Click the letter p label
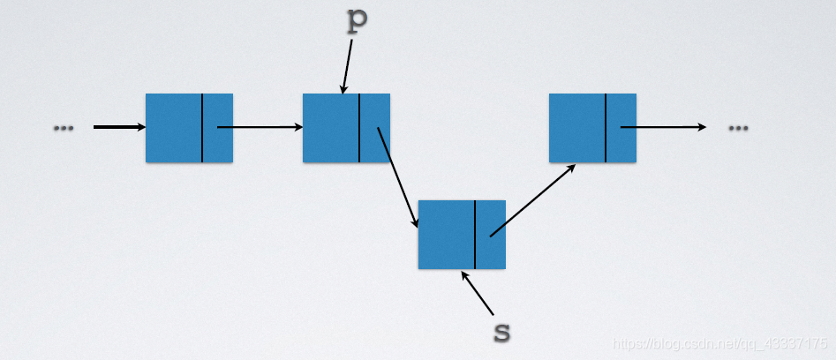(356, 22)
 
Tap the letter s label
(501, 332)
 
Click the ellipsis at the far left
(64, 128)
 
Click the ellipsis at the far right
(738, 128)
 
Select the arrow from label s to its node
(478, 292)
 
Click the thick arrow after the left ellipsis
(119, 127)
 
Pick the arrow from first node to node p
(260, 127)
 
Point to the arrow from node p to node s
(398, 176)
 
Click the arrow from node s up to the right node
(532, 199)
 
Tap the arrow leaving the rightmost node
(663, 127)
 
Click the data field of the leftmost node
(174, 128)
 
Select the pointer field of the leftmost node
(218, 128)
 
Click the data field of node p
(331, 128)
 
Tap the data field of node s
(447, 235)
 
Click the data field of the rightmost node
(577, 128)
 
